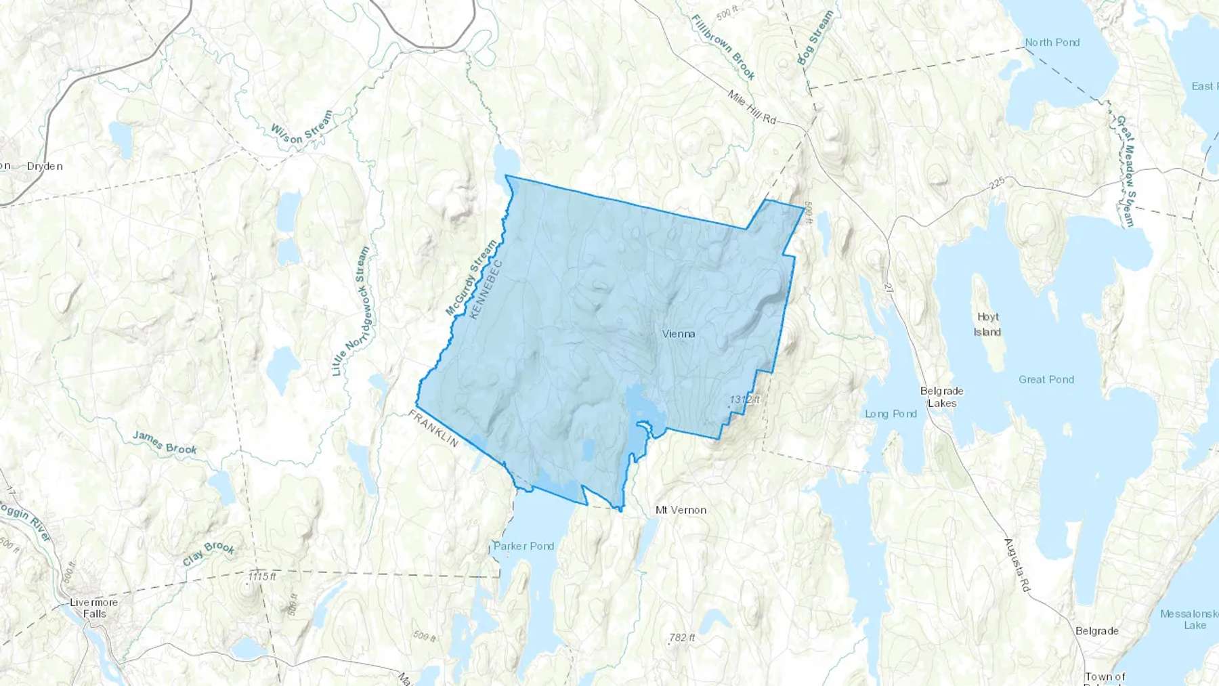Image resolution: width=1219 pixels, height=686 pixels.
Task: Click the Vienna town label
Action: [678, 334]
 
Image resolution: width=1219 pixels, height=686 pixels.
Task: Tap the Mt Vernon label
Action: [681, 510]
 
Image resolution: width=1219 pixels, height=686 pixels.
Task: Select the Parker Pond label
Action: [523, 546]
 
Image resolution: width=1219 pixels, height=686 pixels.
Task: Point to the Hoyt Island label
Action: [987, 324]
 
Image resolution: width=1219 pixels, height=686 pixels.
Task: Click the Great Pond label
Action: [1046, 380]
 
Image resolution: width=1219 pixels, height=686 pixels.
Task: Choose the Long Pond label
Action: [891, 414]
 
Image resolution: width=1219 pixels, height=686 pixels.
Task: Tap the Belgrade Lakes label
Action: [941, 397]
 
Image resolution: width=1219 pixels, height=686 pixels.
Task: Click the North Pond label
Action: [1052, 43]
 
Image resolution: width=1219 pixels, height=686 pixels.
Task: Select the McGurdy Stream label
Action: [471, 278]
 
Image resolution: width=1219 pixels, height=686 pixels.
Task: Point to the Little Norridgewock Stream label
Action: [351, 312]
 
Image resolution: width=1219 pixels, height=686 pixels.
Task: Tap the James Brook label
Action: [165, 442]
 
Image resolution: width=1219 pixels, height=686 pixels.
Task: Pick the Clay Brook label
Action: [209, 553]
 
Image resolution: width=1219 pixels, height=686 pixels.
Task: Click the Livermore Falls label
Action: [94, 608]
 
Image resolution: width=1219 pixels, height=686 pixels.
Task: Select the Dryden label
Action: [45, 167]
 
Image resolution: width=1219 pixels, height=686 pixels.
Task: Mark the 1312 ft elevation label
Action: [744, 400]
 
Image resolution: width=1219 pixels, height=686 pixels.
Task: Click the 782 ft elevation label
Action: [681, 638]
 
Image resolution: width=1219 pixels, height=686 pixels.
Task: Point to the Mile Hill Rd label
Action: [752, 107]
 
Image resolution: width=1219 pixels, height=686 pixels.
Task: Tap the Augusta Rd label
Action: [1017, 565]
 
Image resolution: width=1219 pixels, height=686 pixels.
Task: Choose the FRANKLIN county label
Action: [433, 428]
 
